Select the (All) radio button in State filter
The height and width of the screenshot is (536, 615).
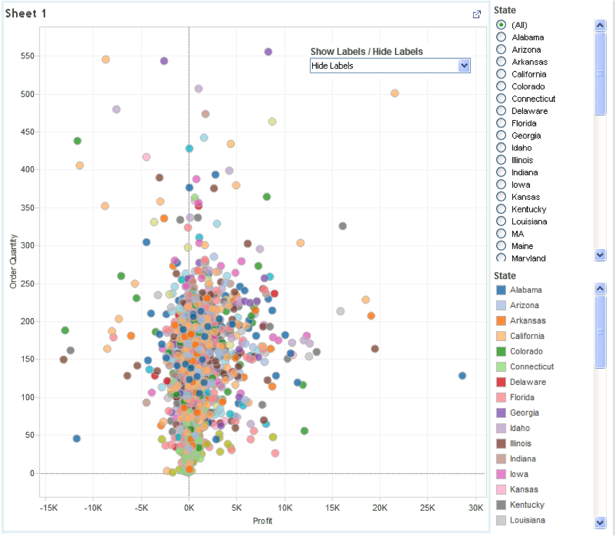(501, 25)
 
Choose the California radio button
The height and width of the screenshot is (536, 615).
(501, 74)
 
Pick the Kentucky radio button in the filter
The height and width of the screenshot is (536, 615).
(501, 209)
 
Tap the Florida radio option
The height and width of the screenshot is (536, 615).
(501, 123)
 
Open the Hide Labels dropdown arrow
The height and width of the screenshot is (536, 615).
(463, 65)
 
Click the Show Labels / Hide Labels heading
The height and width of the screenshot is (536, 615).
(366, 51)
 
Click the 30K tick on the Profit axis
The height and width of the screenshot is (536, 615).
(476, 507)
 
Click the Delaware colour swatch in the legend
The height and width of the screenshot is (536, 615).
(501, 382)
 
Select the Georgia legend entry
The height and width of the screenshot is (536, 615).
(524, 413)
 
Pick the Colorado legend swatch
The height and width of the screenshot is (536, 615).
(501, 351)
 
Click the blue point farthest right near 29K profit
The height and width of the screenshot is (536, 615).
(462, 376)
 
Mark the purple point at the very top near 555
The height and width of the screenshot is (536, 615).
(268, 51)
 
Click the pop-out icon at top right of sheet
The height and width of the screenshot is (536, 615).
(477, 14)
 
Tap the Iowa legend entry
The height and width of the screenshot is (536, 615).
(519, 474)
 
